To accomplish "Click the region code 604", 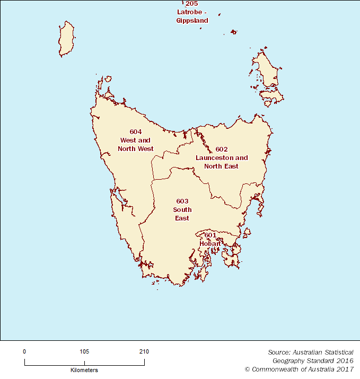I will [136, 131].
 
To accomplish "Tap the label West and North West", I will [136, 145].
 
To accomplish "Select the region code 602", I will [222, 149].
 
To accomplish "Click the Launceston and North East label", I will [222, 162].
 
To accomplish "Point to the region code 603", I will [182, 201].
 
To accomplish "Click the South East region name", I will [182, 214].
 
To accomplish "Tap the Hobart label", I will [210, 243].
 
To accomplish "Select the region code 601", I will [210, 235].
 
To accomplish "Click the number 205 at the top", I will [191, 4].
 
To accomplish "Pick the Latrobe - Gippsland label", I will [192, 16].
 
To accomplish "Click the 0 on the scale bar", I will [24, 351].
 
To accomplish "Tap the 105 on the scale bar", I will [84, 351].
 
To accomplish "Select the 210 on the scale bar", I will [144, 351].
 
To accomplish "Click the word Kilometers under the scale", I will [84, 370].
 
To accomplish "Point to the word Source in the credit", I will [278, 352].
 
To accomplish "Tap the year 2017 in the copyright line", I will [345, 369].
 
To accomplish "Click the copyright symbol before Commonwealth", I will [247, 369].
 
